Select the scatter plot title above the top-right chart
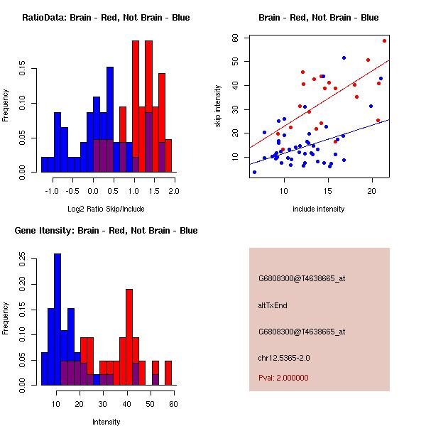(318, 18)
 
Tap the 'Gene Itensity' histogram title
(101, 231)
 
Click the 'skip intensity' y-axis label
(219, 106)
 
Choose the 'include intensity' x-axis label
(318, 209)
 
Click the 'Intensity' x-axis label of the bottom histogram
(106, 422)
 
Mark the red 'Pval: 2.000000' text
(288, 378)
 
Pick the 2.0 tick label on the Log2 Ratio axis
(174, 191)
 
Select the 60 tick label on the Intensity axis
(173, 404)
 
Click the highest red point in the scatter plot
(384, 40)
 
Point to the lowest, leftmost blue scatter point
(254, 172)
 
